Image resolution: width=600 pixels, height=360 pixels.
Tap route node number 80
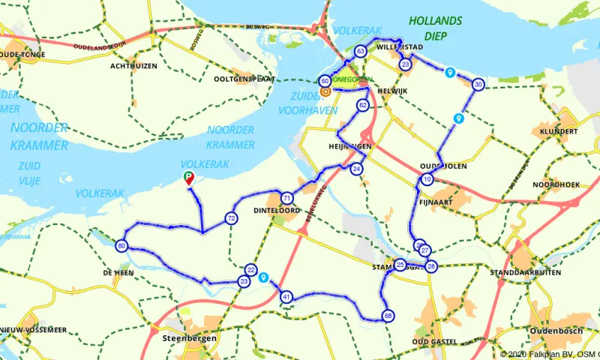[x=121, y=246]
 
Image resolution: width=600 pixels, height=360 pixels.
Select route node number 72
[x=230, y=218]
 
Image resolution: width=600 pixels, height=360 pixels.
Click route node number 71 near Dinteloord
[x=286, y=199]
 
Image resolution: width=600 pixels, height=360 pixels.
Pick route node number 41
[x=286, y=298]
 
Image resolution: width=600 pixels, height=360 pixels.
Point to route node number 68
[x=387, y=316]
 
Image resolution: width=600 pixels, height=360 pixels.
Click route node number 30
[x=478, y=85]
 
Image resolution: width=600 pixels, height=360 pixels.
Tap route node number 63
[x=361, y=52]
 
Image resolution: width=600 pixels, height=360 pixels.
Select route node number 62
[x=362, y=105]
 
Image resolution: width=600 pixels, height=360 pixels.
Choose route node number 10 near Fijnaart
[x=427, y=179]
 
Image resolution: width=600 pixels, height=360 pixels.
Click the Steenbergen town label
[x=190, y=338]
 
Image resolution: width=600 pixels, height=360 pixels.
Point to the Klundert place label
[x=558, y=131]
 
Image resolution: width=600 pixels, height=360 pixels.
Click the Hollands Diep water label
[x=435, y=28]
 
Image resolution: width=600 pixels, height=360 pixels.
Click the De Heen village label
[x=118, y=273]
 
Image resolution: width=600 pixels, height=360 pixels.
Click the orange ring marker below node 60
[x=325, y=91]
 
